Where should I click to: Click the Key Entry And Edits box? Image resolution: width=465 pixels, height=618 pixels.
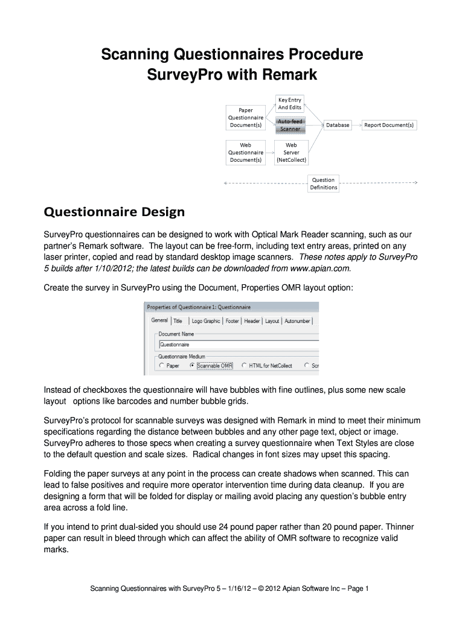click(x=289, y=104)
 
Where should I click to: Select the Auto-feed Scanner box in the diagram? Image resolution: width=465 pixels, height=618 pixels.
click(x=289, y=125)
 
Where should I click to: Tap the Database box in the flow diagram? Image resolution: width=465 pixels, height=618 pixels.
click(x=338, y=125)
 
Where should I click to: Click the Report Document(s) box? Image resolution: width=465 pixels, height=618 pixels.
click(x=389, y=125)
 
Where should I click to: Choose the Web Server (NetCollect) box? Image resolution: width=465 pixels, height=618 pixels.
click(x=291, y=153)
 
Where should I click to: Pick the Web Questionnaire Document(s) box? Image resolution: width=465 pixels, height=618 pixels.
click(x=246, y=153)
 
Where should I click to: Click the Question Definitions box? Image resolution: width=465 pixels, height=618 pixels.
click(x=323, y=183)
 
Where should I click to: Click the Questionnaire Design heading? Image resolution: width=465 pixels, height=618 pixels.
click(x=114, y=212)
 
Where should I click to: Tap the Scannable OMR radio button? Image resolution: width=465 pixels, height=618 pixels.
click(x=193, y=365)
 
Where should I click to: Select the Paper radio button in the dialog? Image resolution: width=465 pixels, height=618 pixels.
click(x=162, y=365)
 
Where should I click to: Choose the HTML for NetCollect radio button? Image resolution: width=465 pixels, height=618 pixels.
click(x=245, y=365)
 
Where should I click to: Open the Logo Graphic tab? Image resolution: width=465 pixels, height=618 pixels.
click(x=205, y=321)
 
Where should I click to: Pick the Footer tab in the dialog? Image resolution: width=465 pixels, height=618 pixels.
click(x=232, y=321)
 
